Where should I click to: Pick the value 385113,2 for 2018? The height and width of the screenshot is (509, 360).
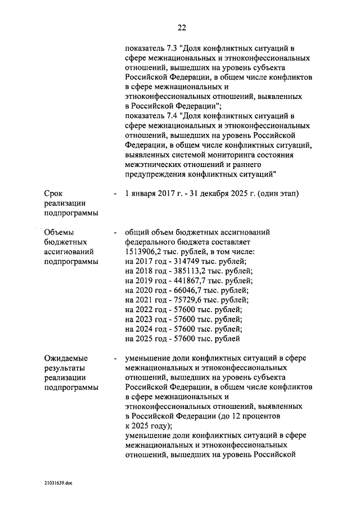tap(188, 272)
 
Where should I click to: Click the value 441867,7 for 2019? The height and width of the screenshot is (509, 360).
tap(189, 281)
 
